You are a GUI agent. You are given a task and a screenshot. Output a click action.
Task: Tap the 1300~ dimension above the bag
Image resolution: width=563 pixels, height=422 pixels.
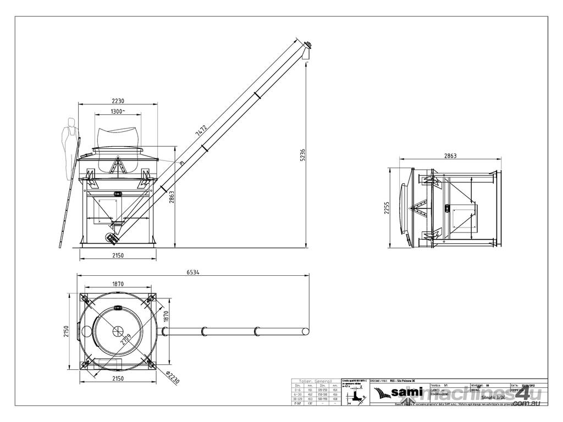click(117, 112)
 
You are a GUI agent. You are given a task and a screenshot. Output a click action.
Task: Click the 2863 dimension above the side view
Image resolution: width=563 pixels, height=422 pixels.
click(450, 156)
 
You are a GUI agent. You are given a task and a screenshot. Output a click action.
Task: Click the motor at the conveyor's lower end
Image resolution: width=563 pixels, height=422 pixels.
click(112, 238)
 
